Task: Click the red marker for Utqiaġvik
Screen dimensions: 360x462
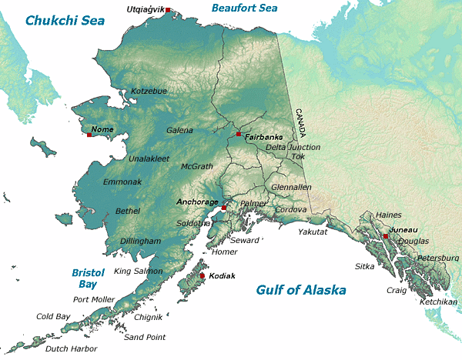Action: point(169,10)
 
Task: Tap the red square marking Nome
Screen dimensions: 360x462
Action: point(89,135)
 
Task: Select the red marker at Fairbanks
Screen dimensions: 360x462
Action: point(239,134)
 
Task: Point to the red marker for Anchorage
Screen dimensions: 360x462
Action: point(223,208)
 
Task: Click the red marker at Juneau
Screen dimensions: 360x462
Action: point(385,235)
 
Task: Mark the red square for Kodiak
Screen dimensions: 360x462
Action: point(203,275)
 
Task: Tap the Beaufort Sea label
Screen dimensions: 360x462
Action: point(244,8)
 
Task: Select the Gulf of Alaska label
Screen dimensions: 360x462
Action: point(300,290)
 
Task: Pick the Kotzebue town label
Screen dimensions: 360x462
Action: point(149,91)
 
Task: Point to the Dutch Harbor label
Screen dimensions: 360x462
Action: point(72,348)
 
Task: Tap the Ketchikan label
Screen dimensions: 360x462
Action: point(439,302)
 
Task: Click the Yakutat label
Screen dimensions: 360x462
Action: point(313,232)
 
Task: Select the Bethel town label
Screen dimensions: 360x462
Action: point(128,211)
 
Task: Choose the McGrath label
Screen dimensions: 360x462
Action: point(196,166)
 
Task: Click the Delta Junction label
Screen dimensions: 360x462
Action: point(293,147)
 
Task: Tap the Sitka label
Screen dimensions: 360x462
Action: point(364,266)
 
